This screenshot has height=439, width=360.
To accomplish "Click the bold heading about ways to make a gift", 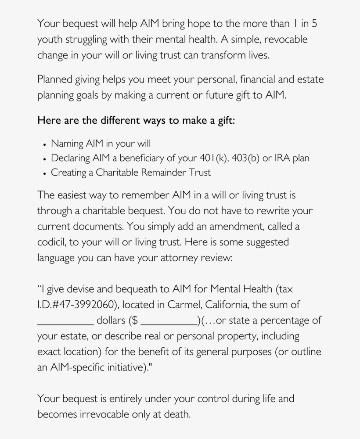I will point(136,120).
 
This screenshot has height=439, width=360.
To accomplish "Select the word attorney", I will point(181,259).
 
